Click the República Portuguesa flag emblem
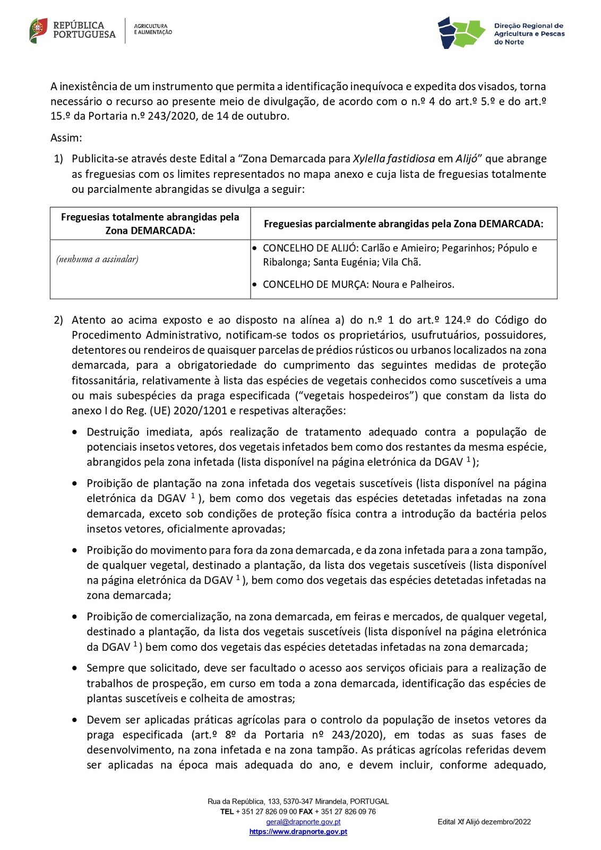click(38, 30)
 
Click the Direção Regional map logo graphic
click(461, 32)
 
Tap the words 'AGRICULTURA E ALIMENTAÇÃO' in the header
click(153, 29)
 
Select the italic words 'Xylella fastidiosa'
click(394, 159)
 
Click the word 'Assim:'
click(66, 138)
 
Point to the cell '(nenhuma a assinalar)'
click(97, 259)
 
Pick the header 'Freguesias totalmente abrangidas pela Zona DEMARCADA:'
click(150, 224)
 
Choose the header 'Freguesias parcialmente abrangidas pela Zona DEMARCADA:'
click(403, 224)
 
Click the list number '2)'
click(58, 320)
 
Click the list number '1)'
click(58, 159)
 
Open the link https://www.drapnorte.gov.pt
click(298, 832)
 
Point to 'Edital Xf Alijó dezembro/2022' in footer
click(484, 822)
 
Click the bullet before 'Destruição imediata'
click(75, 432)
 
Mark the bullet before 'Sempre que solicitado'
click(75, 668)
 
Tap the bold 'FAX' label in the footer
click(306, 812)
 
